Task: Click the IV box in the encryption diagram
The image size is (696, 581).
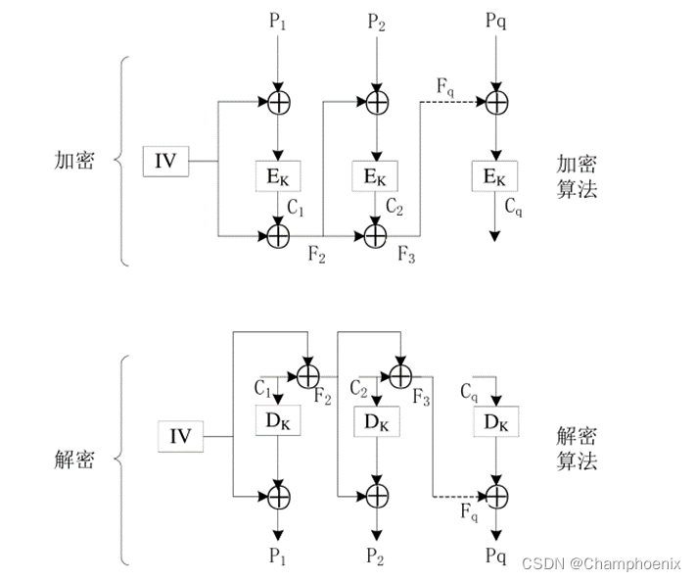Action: tap(165, 160)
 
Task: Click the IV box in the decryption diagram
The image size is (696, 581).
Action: tap(181, 435)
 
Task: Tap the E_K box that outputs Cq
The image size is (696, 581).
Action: tap(495, 175)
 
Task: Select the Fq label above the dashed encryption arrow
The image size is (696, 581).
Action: tap(445, 84)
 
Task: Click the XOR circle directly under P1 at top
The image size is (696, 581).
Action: tap(279, 100)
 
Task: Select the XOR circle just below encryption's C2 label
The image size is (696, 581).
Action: tap(376, 235)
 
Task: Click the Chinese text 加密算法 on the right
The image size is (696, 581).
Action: tap(577, 175)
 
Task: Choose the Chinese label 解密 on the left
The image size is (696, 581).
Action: tap(74, 460)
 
